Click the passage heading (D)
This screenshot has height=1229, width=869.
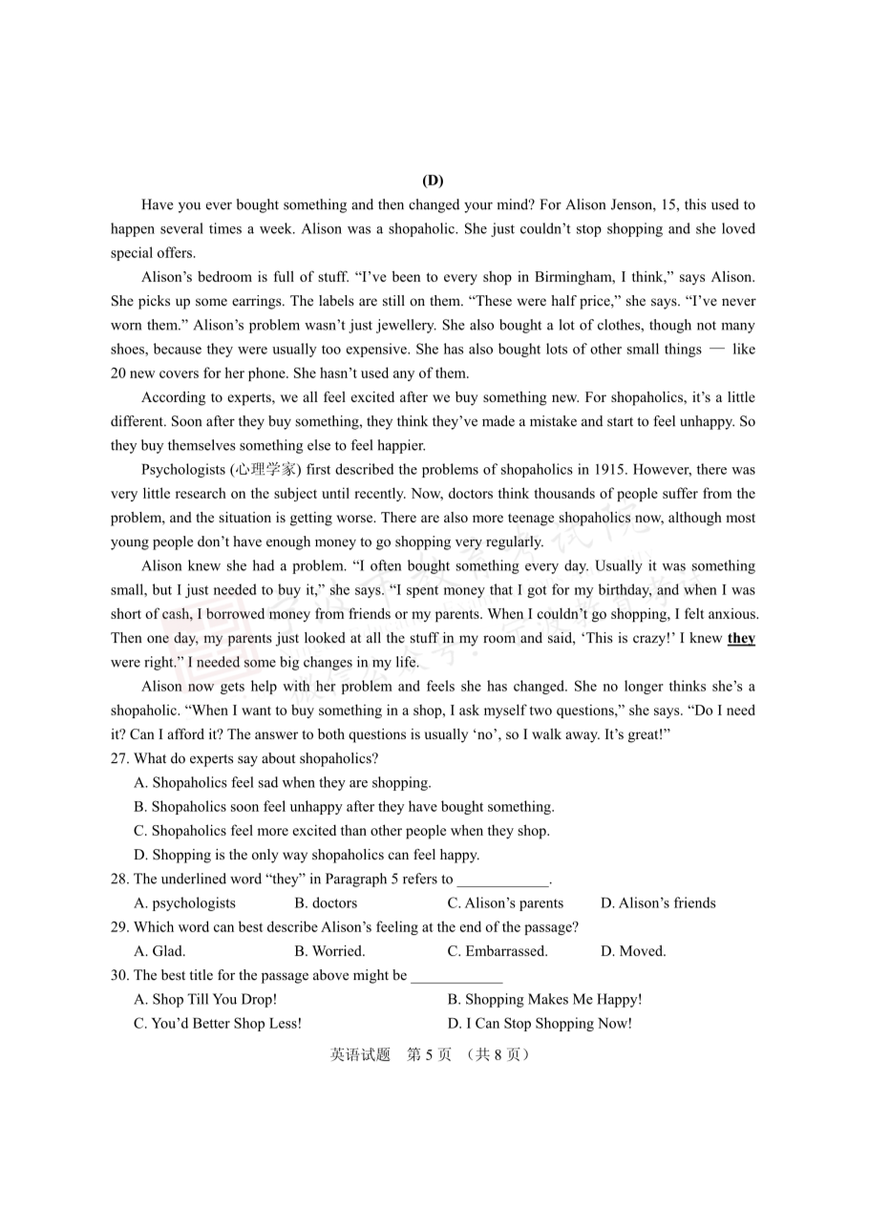click(x=433, y=180)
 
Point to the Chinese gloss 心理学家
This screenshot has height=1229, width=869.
click(x=258, y=470)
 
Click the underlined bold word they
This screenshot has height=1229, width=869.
click(x=741, y=639)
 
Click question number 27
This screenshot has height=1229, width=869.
click(x=119, y=759)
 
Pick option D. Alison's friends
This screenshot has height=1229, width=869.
click(x=658, y=903)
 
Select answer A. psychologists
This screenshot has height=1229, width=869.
click(x=185, y=903)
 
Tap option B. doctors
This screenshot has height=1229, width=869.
click(x=326, y=903)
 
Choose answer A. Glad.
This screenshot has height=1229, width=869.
click(x=160, y=951)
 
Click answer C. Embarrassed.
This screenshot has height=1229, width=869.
click(x=498, y=951)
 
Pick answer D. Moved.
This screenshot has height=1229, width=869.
click(x=633, y=951)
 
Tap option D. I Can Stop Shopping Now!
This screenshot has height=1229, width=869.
click(x=540, y=1024)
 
